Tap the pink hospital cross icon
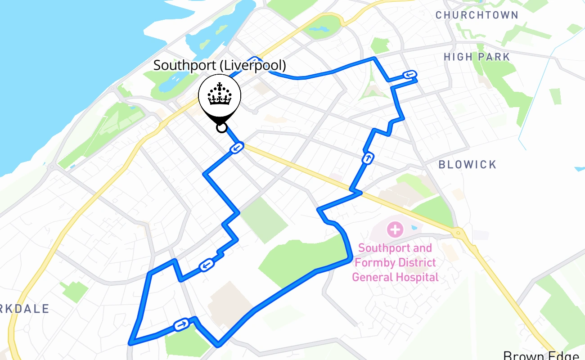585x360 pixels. coord(395,230)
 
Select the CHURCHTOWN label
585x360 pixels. coord(477,15)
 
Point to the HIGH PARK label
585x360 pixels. coord(477,57)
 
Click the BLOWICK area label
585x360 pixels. coord(468,165)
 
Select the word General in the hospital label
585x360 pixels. coord(371,277)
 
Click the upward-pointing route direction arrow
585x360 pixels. coord(368,158)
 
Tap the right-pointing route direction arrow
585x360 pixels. coord(181,324)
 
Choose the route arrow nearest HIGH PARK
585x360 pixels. coord(409,75)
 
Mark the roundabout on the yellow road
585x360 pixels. coord(458,233)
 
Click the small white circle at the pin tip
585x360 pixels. coord(221,128)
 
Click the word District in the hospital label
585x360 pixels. coord(414,262)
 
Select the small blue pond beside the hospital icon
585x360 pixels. coord(414,228)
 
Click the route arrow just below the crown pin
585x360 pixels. coord(237,147)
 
